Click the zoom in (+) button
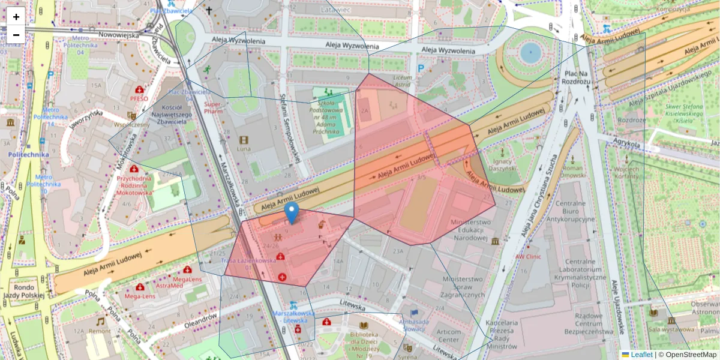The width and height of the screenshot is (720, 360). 16,17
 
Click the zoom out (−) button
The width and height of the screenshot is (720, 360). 16,35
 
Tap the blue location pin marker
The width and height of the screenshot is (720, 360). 291,212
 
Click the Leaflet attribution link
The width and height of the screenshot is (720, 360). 641,355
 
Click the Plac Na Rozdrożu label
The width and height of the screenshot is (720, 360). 578,77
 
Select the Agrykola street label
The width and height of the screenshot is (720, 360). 627,144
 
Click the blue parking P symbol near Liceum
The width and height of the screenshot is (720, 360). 422,68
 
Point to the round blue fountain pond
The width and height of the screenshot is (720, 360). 530,53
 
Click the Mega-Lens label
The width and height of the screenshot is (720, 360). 140,296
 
